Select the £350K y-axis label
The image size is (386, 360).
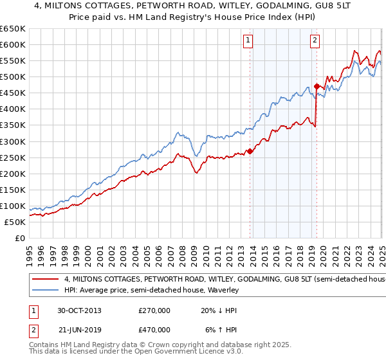click(13, 125)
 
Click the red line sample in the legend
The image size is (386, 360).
click(43, 280)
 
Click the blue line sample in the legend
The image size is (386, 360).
click(43, 291)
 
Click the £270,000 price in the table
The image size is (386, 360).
click(154, 310)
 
